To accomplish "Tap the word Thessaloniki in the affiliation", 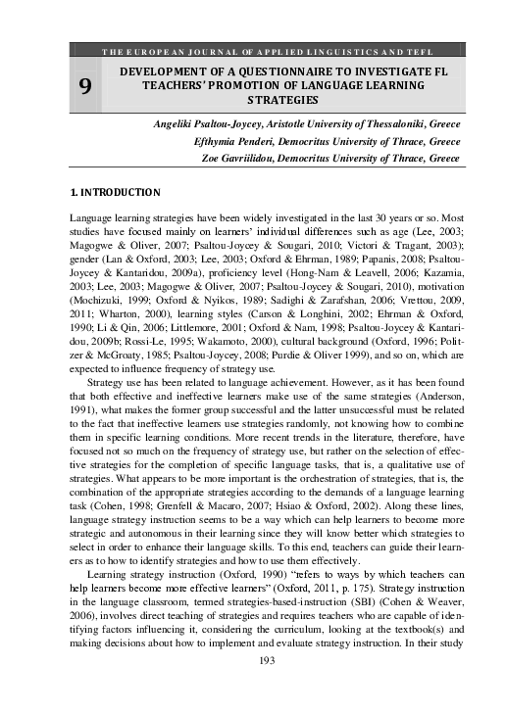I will click(385, 125).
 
